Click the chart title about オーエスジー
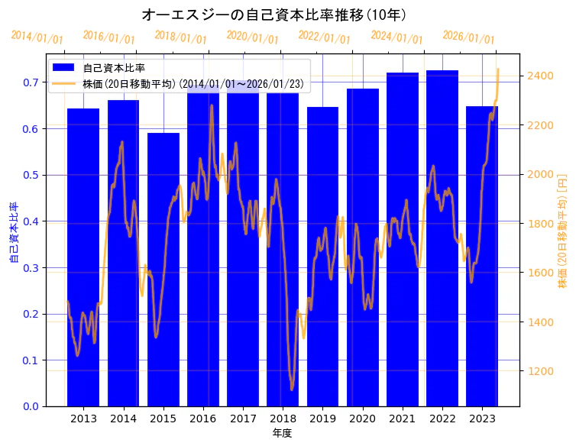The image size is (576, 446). [274, 15]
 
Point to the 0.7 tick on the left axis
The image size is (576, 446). [31, 82]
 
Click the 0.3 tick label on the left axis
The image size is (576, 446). [31, 268]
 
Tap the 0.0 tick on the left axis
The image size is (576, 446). [31, 406]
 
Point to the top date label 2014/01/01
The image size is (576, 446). [37, 37]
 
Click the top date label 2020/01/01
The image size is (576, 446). [253, 37]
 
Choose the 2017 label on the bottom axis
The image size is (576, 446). [243, 419]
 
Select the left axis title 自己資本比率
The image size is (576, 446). [13, 233]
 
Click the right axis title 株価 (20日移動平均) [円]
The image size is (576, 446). [562, 232]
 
